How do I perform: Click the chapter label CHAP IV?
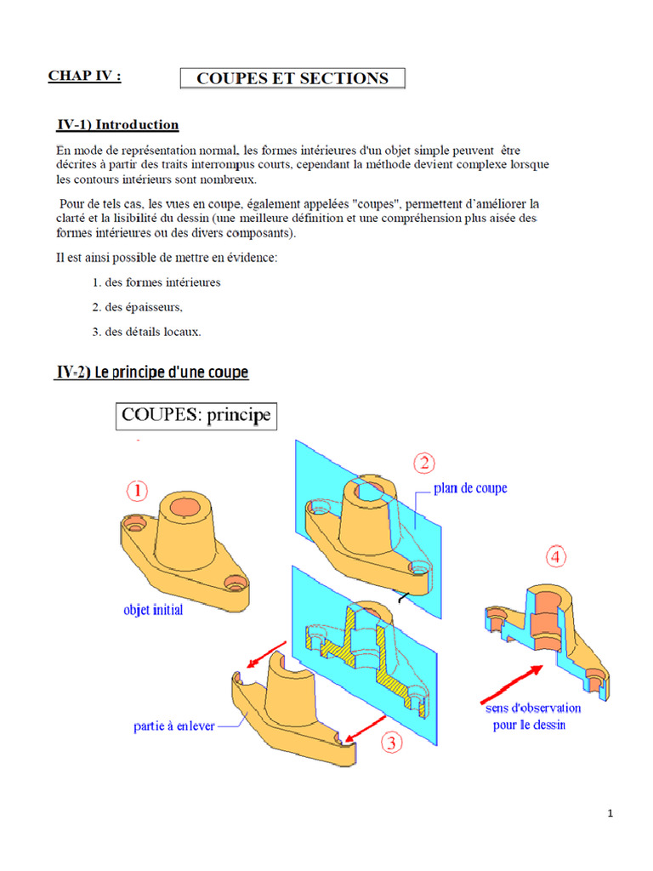coord(84,76)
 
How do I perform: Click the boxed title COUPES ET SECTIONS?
coord(292,78)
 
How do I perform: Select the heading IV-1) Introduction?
coord(117,125)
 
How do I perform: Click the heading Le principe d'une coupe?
coord(153,373)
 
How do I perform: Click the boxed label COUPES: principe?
coord(196,417)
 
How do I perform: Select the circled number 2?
coord(424,464)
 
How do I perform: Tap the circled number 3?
coord(390,743)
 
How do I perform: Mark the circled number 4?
coord(554,558)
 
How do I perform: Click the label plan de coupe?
coord(470,488)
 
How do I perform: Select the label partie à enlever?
coord(174,726)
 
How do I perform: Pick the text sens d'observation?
coord(533,708)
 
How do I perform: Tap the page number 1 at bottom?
coord(610,814)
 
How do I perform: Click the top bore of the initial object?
coord(183,506)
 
